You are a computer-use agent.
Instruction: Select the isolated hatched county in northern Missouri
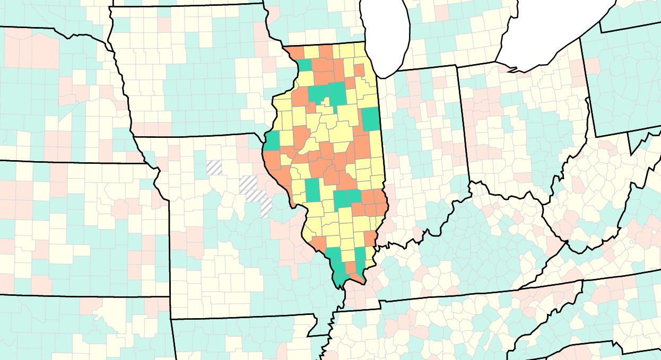pyautogui.click(x=214, y=168)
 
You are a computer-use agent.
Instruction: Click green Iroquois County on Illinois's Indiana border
pyautogui.click(x=371, y=118)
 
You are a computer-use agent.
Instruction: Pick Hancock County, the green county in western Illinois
pyautogui.click(x=272, y=141)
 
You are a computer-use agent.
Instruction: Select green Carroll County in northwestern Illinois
pyautogui.click(x=305, y=65)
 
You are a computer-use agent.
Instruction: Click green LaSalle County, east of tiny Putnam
pyautogui.click(x=336, y=93)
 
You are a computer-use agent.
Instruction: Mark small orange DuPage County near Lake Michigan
pyautogui.click(x=359, y=71)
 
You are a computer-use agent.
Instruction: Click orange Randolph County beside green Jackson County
pyautogui.click(x=319, y=243)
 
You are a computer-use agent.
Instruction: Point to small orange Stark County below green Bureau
pyautogui.click(x=312, y=107)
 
